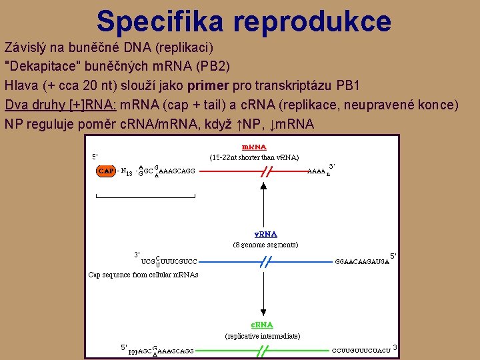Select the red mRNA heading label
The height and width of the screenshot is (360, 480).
[254, 147]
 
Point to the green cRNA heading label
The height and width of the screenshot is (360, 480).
[263, 325]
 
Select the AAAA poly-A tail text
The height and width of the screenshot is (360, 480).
[318, 171]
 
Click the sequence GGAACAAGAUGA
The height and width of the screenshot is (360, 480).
[362, 261]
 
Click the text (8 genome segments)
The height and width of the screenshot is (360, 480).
[265, 245]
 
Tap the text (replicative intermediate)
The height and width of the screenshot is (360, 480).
[263, 336]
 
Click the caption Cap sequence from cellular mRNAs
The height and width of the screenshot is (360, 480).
[143, 275]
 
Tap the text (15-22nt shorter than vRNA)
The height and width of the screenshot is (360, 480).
[254, 158]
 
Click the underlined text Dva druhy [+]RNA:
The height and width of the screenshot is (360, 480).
[61, 105]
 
